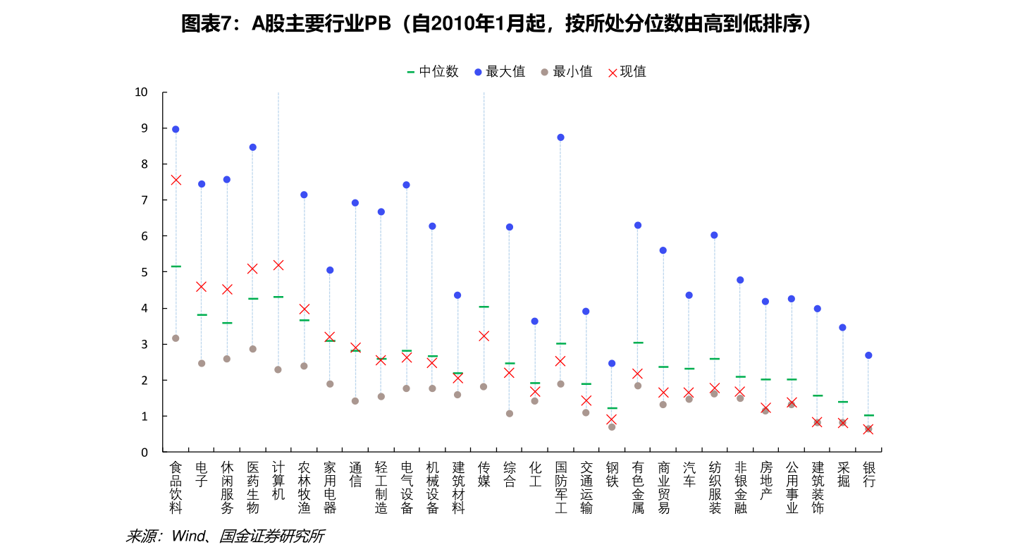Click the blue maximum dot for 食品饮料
pyautogui.click(x=176, y=129)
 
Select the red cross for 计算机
pyautogui.click(x=278, y=265)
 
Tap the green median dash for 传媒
pyautogui.click(x=484, y=307)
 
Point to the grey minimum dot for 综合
pyautogui.click(x=510, y=414)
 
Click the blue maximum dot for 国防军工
pyautogui.click(x=560, y=137)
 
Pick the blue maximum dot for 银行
pyautogui.click(x=868, y=355)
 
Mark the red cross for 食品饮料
pyautogui.click(x=176, y=180)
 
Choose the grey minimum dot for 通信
pyautogui.click(x=355, y=401)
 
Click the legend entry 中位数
pyautogui.click(x=432, y=71)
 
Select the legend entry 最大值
pyautogui.click(x=499, y=71)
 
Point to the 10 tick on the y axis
pyautogui.click(x=141, y=92)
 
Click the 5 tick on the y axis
pyautogui.click(x=144, y=272)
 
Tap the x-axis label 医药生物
pyautogui.click(x=253, y=487)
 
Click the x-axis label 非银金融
pyautogui.click(x=740, y=487)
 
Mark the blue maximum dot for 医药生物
pyautogui.click(x=252, y=147)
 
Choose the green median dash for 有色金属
pyautogui.click(x=638, y=343)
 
